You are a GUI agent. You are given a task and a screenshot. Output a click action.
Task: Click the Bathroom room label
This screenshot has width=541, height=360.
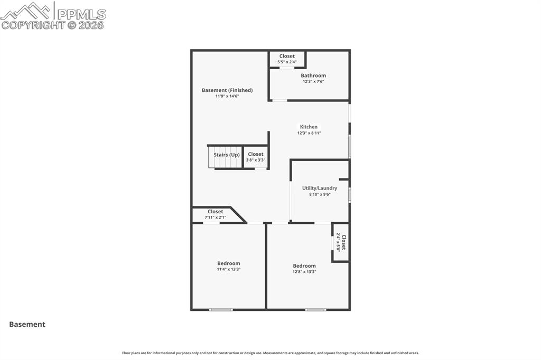313,75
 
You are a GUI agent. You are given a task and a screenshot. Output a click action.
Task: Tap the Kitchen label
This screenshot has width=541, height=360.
309,127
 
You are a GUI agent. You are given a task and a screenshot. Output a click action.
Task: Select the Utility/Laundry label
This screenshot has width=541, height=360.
320,188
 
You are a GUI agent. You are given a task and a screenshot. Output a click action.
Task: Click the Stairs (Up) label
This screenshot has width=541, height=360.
226,155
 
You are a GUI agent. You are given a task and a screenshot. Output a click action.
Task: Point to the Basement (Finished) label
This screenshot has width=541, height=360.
227,90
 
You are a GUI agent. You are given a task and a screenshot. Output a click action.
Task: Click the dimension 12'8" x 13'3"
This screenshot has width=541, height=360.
304,272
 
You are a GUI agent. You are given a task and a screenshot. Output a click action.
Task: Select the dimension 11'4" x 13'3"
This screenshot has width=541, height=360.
228,269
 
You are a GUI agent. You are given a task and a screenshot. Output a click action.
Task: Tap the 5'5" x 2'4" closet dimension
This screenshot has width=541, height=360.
287,62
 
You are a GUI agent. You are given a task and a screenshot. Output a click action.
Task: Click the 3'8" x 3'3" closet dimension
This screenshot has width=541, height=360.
256,160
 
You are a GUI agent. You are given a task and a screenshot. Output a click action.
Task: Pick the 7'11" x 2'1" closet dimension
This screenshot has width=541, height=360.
216,217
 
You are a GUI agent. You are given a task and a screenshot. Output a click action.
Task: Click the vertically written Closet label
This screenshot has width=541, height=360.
344,242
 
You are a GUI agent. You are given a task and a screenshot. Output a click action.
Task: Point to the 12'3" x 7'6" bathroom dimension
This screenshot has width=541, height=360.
313,82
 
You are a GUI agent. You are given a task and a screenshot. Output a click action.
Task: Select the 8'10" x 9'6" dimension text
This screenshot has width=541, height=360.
320,194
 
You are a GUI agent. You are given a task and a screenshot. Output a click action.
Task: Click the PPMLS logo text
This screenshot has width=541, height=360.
81,14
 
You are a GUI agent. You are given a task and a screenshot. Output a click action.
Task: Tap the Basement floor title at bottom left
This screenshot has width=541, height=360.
27,324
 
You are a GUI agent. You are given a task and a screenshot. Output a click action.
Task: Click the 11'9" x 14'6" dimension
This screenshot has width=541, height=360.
227,96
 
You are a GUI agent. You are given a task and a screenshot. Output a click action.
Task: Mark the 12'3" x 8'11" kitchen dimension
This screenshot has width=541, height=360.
309,133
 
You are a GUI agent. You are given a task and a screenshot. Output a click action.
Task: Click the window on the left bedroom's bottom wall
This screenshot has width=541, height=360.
221,310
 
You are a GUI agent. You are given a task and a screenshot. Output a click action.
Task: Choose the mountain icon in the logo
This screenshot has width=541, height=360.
26,11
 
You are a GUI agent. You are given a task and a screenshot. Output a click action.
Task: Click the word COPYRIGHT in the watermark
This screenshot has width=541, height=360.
33,25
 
